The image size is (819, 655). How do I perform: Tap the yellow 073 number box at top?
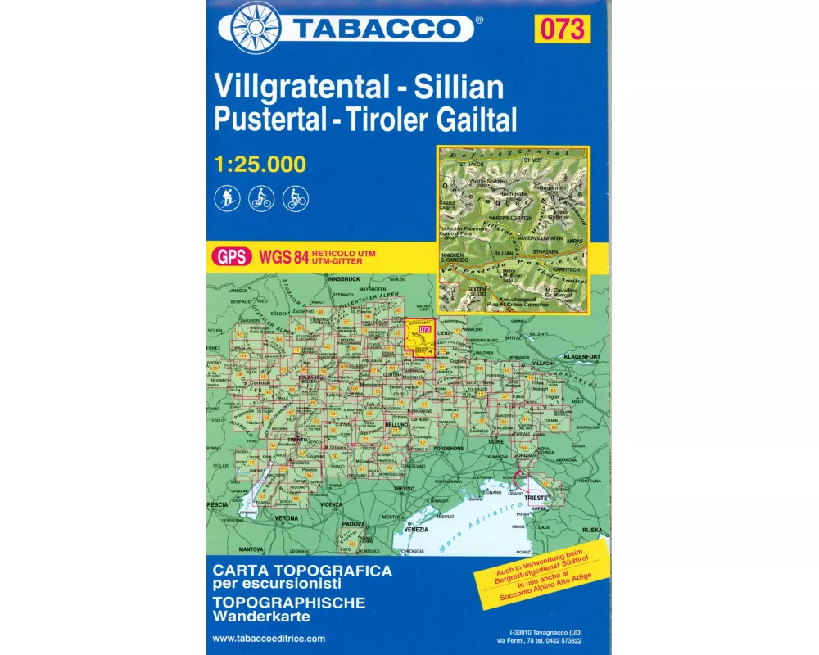pyautogui.click(x=562, y=29)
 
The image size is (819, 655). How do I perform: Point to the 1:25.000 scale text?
pyautogui.click(x=259, y=165)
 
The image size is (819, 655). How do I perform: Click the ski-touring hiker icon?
pyautogui.click(x=227, y=197)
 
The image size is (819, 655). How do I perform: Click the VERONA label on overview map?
pyautogui.click(x=287, y=518)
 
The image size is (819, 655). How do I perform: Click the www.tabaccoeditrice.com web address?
pyautogui.click(x=269, y=639)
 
